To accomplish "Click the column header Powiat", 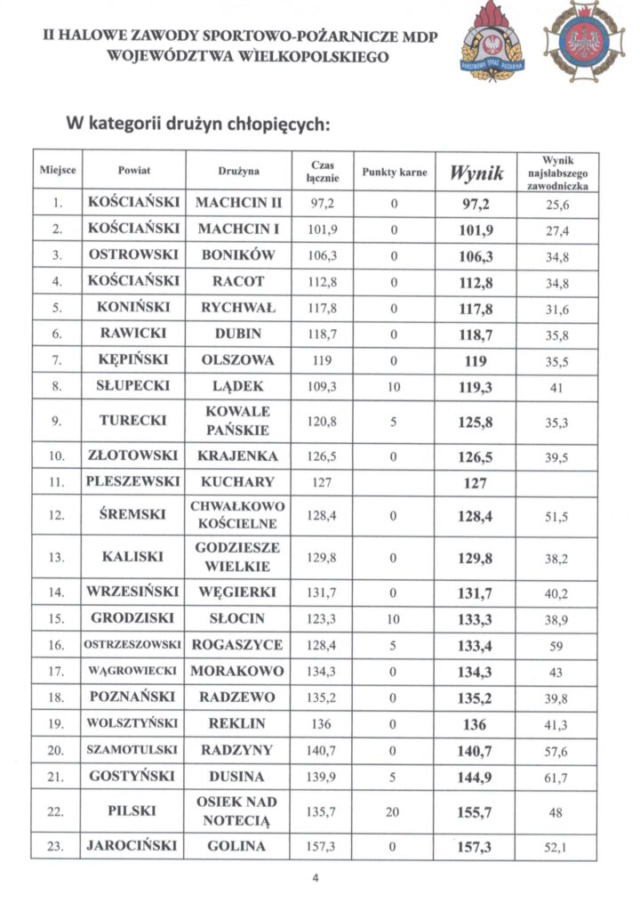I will [x=133, y=170].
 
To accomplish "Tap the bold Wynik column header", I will [x=476, y=171].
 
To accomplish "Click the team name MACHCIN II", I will [x=238, y=203].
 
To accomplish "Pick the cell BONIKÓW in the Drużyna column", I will [x=238, y=254].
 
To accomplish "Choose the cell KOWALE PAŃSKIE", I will [x=238, y=421].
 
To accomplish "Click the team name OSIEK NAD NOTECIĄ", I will [x=238, y=810].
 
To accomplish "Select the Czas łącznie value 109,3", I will [x=321, y=387].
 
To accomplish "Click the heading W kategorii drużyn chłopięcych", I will [x=196, y=123].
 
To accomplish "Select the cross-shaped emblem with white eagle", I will [x=584, y=41].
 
